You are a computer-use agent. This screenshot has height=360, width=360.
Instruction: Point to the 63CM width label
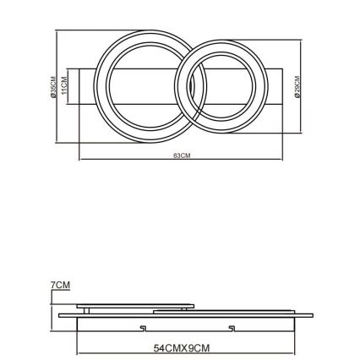[x=180, y=155]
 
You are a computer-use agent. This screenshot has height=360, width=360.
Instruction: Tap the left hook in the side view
[x=143, y=326]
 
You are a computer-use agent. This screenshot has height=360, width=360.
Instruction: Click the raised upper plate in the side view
[x=135, y=306]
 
